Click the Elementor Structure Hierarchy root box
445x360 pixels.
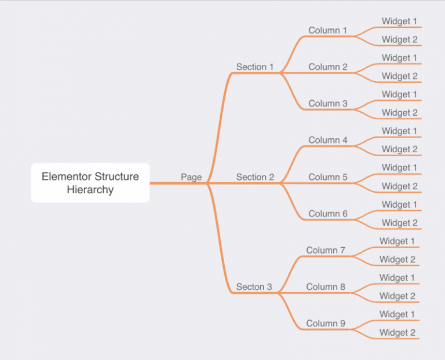[x=90, y=183]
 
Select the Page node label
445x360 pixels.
[x=191, y=177]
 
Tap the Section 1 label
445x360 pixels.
[x=255, y=67]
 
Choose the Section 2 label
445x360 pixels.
[x=255, y=177]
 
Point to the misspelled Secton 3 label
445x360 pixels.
[x=254, y=287]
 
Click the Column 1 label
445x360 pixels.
[x=328, y=30]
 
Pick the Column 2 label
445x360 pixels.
[x=328, y=67]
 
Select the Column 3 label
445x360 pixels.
[x=328, y=104]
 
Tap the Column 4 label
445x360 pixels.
[x=328, y=140]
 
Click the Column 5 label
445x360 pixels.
[x=328, y=177]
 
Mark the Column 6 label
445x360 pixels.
[x=328, y=214]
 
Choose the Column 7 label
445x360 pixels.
[x=326, y=250]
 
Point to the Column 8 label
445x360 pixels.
[x=326, y=287]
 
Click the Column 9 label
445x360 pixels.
[x=326, y=324]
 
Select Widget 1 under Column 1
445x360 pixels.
[x=399, y=21]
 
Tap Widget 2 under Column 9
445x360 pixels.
[x=397, y=333]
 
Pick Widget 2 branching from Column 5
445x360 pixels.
[x=399, y=186]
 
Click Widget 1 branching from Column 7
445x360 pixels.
[x=397, y=241]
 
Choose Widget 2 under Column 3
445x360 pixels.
[x=399, y=113]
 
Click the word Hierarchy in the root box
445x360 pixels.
[x=90, y=190]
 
